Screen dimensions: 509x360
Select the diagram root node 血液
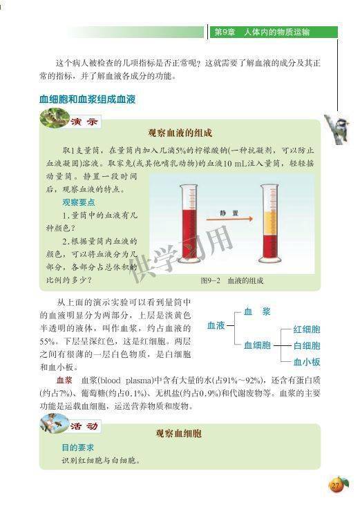pos(216,325)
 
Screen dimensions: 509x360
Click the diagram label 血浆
pos(256,311)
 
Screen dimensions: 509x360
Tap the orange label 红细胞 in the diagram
pos(306,329)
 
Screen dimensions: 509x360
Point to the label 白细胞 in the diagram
pos(306,345)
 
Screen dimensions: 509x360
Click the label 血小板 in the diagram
pos(306,361)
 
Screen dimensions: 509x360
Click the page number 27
pos(337,486)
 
